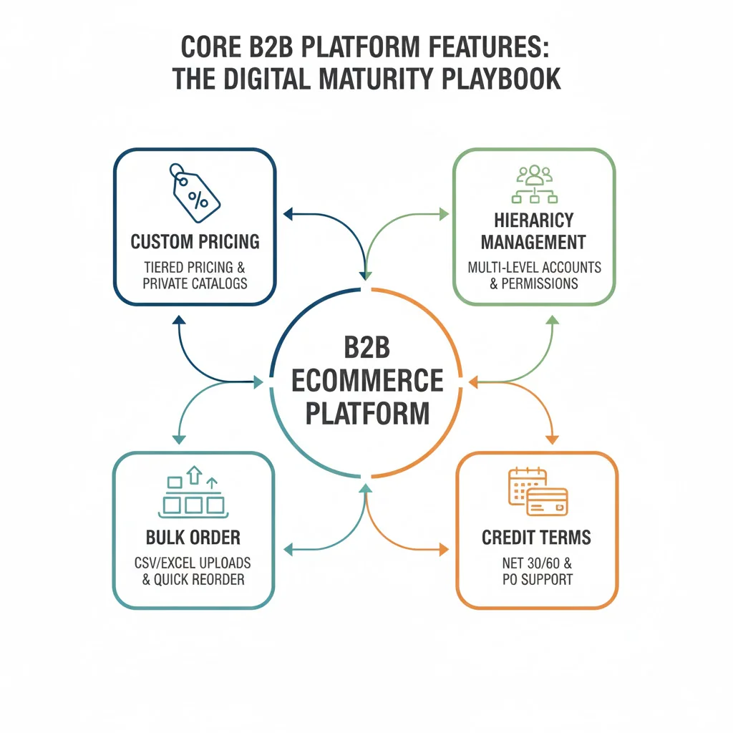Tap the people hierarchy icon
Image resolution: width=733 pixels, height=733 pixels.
pyautogui.click(x=534, y=184)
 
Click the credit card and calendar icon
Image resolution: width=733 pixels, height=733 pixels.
pyautogui.click(x=537, y=492)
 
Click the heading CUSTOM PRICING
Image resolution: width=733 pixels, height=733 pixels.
pyautogui.click(x=195, y=241)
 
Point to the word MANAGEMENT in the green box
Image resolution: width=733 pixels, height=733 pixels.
pyautogui.click(x=533, y=242)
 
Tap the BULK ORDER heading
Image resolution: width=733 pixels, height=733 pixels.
pyautogui.click(x=193, y=537)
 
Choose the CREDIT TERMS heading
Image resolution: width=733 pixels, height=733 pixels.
pyautogui.click(x=536, y=538)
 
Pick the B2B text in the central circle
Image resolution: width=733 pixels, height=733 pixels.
pyautogui.click(x=367, y=348)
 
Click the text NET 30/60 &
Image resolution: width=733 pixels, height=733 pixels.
pyautogui.click(x=536, y=563)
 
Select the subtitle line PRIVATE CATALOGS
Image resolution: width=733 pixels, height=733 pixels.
pyautogui.click(x=195, y=283)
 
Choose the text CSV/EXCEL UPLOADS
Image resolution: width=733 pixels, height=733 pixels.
pyautogui.click(x=193, y=563)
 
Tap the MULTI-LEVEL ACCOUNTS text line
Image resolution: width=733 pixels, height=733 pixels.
pyautogui.click(x=534, y=268)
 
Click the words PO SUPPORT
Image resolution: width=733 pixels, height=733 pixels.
pyautogui.click(x=537, y=578)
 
